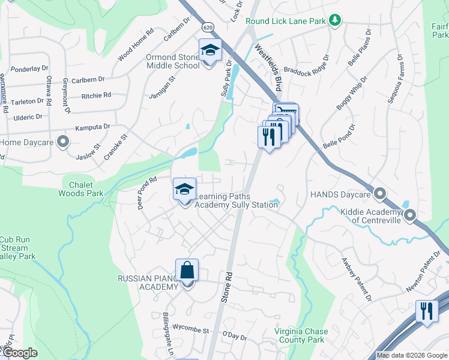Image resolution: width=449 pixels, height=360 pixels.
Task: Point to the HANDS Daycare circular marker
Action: click(379, 194)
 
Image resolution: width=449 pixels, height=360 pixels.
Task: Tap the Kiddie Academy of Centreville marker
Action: click(411, 215)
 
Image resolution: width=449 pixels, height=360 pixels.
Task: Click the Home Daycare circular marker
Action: click(62, 142)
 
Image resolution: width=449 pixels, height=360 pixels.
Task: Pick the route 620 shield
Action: click(208, 27)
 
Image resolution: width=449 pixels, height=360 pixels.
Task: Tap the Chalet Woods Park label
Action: click(81, 189)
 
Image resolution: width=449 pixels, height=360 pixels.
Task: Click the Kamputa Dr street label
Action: click(92, 127)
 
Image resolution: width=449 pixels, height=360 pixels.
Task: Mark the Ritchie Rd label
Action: click(96, 95)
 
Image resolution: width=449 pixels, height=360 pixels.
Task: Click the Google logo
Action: click(20, 353)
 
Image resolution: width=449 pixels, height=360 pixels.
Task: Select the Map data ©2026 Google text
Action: click(412, 355)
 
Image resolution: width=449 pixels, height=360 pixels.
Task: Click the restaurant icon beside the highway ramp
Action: click(426, 311)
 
